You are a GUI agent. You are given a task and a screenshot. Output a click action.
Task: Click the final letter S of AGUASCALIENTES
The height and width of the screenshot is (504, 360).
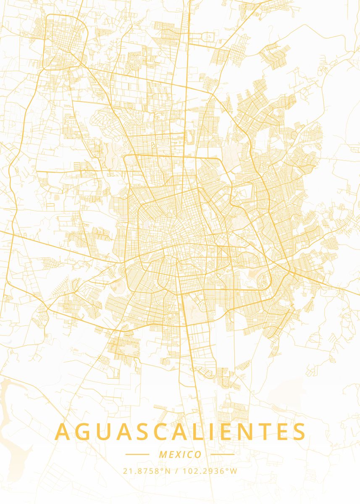point(299,432)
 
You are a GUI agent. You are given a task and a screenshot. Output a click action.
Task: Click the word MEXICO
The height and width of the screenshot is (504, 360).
point(180,454)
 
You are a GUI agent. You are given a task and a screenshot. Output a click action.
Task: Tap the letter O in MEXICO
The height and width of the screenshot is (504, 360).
point(198,454)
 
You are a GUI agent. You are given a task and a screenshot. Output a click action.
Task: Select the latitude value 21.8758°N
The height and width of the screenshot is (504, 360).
point(147,471)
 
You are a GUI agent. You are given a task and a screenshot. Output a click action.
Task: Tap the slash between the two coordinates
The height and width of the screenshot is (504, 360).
point(176,471)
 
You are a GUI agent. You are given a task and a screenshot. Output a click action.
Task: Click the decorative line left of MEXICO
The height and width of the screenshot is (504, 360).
point(137,454)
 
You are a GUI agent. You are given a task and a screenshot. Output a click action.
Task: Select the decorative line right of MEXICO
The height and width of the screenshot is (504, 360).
point(222,454)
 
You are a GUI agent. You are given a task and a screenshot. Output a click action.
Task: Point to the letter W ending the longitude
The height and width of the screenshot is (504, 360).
point(234,471)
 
